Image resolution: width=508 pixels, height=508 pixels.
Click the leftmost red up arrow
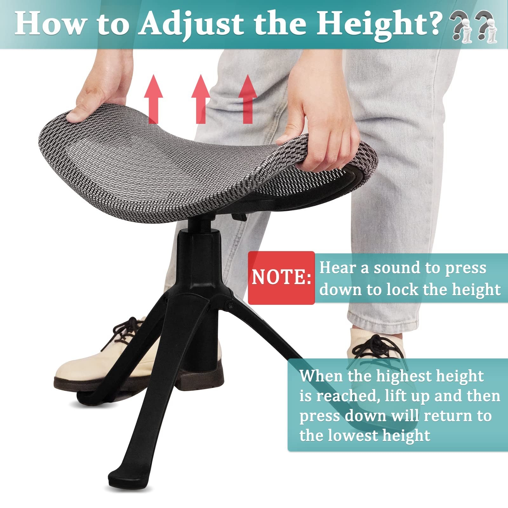(154, 99)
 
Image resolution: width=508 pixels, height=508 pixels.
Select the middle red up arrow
(201, 99)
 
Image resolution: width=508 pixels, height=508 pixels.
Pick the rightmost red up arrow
(248, 99)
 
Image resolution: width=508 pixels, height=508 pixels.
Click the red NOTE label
(281, 278)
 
